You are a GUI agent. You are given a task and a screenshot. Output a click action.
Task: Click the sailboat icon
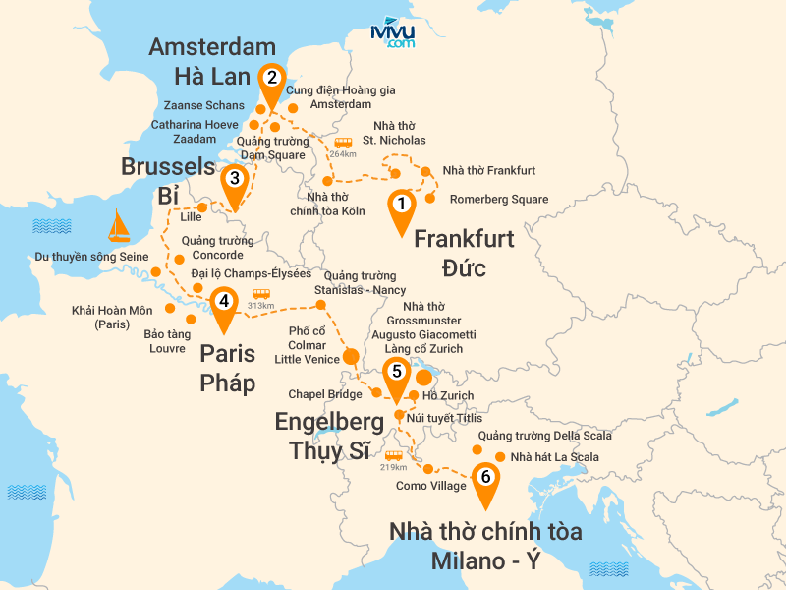(118, 226)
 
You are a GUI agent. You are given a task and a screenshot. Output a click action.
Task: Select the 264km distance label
(343, 152)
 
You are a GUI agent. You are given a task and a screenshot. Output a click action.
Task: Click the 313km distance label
(260, 304)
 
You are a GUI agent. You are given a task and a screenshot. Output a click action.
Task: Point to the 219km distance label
(394, 466)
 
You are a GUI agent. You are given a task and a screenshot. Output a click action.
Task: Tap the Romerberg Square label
(499, 200)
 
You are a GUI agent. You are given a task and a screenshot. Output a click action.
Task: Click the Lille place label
(191, 216)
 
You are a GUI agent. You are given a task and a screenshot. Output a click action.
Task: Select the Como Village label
(431, 486)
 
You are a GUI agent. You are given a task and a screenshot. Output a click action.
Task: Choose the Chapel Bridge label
(325, 394)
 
